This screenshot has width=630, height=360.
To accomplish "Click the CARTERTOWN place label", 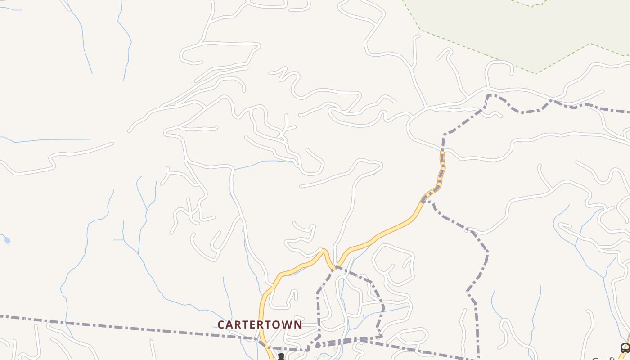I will click(260, 324).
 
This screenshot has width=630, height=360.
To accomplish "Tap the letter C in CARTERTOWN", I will click(221, 324).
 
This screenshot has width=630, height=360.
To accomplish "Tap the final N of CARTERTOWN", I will click(298, 324).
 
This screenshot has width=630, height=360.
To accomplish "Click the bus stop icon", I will click(625, 348).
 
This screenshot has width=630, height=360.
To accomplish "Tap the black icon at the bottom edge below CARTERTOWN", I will click(281, 357).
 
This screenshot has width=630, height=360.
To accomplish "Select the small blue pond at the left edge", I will click(7, 240).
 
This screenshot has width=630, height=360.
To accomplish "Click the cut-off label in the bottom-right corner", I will click(605, 358).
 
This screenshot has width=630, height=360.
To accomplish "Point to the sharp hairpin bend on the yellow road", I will click(324, 250).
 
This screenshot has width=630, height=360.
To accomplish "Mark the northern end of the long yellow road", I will click(442, 153).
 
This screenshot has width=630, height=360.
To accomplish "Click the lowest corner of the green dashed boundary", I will click(535, 73).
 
